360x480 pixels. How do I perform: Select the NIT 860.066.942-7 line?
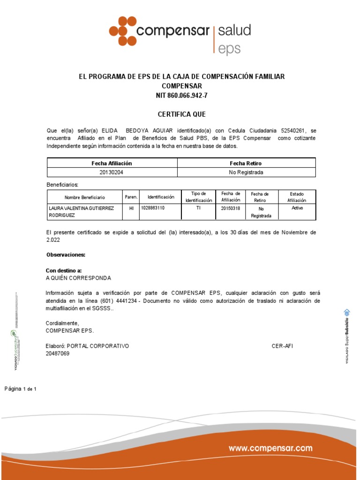click(x=181, y=96)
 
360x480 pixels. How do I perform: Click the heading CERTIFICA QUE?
click(x=181, y=114)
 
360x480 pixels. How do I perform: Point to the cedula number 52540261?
click(x=293, y=130)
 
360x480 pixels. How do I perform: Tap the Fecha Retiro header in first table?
click(x=246, y=163)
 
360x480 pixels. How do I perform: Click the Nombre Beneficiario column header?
click(x=84, y=197)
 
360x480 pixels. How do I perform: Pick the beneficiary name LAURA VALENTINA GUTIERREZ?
click(x=81, y=208)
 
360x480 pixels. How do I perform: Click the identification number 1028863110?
click(x=152, y=207)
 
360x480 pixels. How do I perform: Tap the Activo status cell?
click(x=297, y=207)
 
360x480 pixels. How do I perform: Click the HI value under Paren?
click(x=131, y=208)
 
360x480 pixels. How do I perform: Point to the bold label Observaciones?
click(x=66, y=255)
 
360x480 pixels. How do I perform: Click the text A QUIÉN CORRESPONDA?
click(x=78, y=277)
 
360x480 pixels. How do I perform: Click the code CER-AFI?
click(x=282, y=346)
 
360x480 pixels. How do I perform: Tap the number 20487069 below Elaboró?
click(x=57, y=353)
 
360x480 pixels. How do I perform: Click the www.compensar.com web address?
click(x=270, y=449)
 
